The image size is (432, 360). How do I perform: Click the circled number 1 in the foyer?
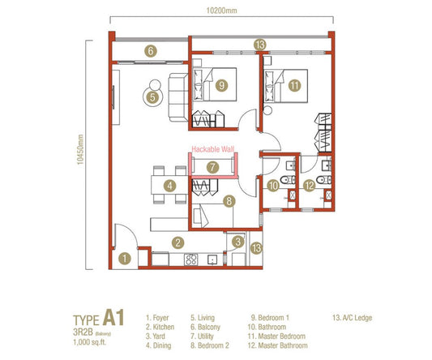pyautogui.click(x=125, y=259)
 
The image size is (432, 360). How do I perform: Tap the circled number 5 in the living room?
pyautogui.click(x=151, y=96)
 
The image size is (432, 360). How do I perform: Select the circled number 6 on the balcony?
pyautogui.click(x=150, y=50)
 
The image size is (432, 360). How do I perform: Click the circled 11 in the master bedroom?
pyautogui.click(x=293, y=84)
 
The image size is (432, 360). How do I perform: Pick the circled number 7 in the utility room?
pyautogui.click(x=212, y=167)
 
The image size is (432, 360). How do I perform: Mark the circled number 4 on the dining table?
pyautogui.click(x=169, y=186)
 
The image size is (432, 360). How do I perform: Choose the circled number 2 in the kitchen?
pyautogui.click(x=176, y=242)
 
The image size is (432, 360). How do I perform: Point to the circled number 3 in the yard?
pyautogui.click(x=237, y=241)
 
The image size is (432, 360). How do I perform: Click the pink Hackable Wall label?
pyautogui.click(x=212, y=149)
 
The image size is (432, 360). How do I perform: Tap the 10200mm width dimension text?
pyautogui.click(x=220, y=11)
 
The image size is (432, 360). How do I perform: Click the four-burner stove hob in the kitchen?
pyautogui.click(x=192, y=259)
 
